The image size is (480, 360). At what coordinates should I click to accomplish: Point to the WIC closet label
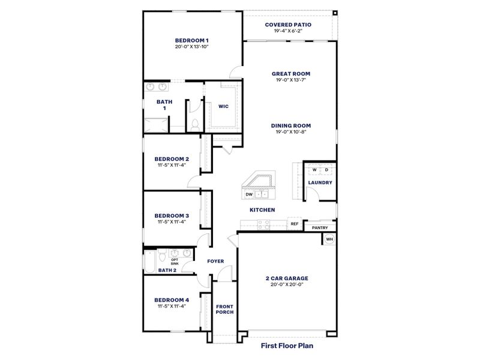pos(223,106)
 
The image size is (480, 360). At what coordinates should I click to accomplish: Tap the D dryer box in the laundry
pos(326,170)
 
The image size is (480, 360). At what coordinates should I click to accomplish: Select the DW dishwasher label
pos(248,194)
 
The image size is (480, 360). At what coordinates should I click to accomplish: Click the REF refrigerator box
pos(294,224)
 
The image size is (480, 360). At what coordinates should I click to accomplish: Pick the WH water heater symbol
pos(329,239)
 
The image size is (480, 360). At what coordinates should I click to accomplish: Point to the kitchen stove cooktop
pos(263,224)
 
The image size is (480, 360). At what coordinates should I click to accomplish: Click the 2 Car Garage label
pos(287,278)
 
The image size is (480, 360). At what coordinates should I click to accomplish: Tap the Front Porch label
pos(224,309)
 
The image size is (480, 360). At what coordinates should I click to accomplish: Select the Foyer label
pos(215,262)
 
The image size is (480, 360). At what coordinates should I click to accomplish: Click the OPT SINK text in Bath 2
pos(174,261)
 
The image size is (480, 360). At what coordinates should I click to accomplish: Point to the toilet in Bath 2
pos(161,257)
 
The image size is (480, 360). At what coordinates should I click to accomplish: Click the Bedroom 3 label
pos(172,215)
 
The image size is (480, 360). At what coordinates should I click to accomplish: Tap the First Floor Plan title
pos(287,346)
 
